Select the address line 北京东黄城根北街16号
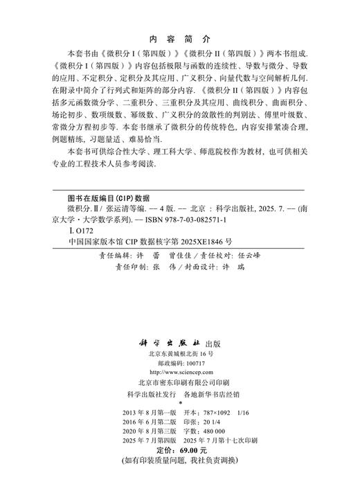tap(179, 353)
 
